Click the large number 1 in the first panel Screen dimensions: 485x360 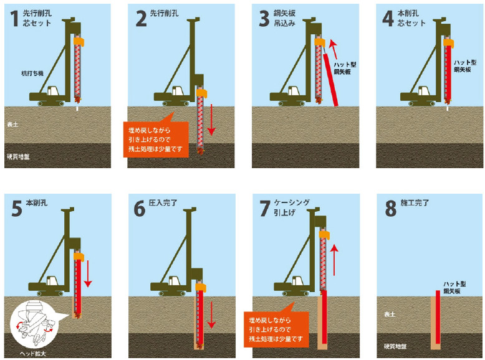coord(14,19)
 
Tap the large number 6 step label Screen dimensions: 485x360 coord(140,209)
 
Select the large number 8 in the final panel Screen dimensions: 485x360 coord(391,209)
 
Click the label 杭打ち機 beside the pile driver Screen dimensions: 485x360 coord(32,73)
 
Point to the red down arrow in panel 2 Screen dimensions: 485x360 coord(211,120)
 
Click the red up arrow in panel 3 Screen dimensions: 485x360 coord(334,49)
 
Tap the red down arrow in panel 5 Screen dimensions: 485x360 coord(88,274)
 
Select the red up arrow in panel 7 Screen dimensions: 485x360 coord(334,260)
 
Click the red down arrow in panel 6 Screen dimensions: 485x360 coord(211,315)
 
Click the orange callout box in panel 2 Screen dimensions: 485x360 coord(156,139)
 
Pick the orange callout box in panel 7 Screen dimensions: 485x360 coord(276,329)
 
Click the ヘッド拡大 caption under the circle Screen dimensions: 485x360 coord(33,354)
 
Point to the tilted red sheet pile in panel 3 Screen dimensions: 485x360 coord(330,80)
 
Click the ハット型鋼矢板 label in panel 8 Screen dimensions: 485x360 coord(454,288)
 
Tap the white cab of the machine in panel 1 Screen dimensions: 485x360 coord(53,90)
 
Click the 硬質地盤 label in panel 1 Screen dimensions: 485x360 coord(18,157)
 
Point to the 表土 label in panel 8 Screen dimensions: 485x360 coord(390,315)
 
